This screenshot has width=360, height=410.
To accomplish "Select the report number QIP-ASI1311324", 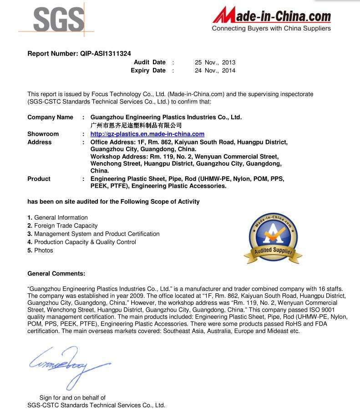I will tap(106, 53).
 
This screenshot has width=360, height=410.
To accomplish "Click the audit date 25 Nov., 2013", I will tap(215, 62).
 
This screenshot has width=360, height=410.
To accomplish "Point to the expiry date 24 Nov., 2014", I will tap(215, 70).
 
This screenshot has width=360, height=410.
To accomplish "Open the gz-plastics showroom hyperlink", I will tap(147, 134).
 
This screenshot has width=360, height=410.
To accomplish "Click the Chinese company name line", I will tap(136, 125).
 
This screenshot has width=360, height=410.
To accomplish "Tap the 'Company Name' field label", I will tap(50, 117).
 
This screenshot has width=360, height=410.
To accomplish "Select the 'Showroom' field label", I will tap(43, 134).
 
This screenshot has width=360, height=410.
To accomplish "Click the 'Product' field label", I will tap(39, 179).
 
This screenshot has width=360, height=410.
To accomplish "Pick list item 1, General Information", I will tap(58, 217).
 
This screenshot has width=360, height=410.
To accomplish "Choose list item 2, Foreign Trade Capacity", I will tap(63, 225).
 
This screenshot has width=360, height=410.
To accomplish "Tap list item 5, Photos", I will tap(41, 250).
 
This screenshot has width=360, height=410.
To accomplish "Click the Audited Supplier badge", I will tap(273, 238).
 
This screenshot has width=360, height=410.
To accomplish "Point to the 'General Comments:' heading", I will tap(56, 273).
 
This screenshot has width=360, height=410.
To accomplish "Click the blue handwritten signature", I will tap(68, 362).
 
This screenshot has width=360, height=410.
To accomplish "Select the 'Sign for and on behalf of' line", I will tap(72, 398).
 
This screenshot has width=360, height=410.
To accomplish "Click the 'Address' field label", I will tap(40, 142).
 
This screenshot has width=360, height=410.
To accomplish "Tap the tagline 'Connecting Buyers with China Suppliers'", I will tap(271, 29).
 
